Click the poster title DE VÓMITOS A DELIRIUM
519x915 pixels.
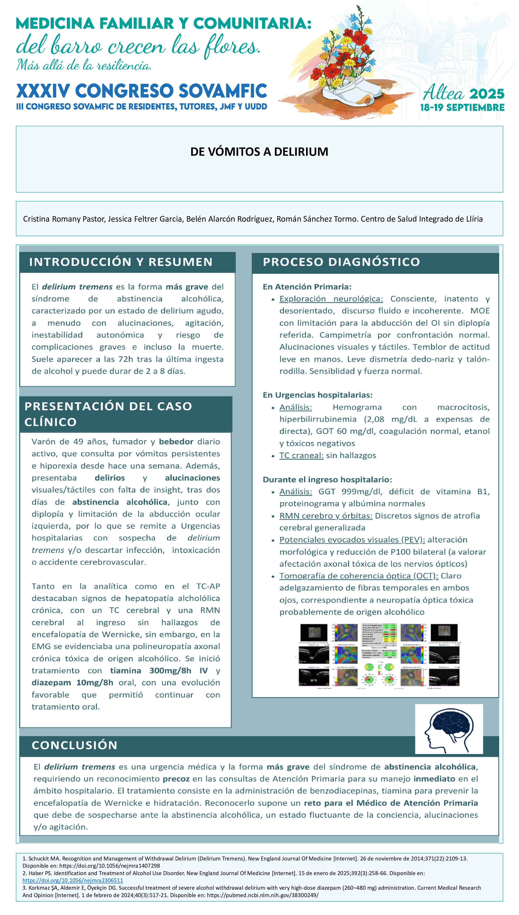259,152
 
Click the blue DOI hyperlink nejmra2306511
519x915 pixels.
73,880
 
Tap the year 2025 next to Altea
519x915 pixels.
487,94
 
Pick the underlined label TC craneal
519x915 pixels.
301,455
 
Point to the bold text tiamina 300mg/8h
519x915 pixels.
150,670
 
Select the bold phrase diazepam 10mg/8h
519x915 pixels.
72,682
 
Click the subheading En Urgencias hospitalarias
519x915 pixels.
317,395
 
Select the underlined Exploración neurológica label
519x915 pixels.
331,299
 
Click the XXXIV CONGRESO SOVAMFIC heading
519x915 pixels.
141,91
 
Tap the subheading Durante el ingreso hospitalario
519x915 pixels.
327,480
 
